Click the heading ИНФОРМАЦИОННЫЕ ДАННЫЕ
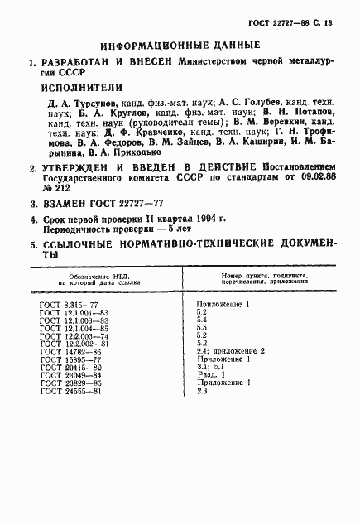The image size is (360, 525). point(180,47)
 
